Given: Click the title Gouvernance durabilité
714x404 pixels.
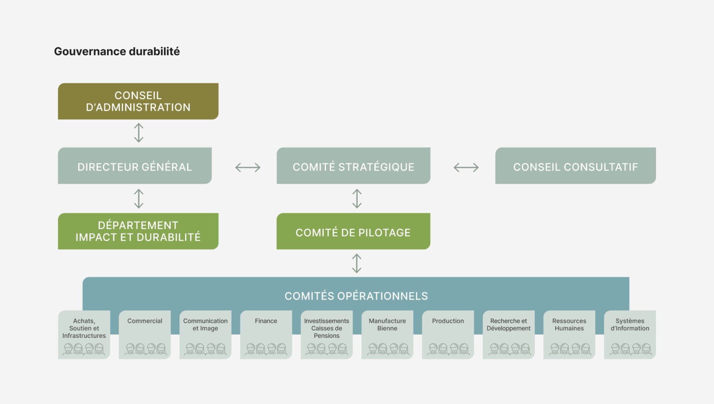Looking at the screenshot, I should coord(117,51).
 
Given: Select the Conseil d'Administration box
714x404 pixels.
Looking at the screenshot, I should coord(138,101).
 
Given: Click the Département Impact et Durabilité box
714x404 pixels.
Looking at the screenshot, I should coord(138,231).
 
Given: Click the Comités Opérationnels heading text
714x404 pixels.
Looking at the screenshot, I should coord(356,296).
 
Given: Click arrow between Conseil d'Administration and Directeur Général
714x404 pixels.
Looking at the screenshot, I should coord(138,133).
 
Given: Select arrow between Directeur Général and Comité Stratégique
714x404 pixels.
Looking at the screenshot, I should coord(248,167).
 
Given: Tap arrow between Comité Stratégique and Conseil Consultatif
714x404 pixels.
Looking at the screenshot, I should coord(466,167).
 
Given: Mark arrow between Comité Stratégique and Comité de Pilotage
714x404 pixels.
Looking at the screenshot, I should coord(357,198).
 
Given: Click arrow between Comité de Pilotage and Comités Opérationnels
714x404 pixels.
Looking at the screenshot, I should coord(357,263).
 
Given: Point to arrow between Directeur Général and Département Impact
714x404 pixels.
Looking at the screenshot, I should coord(138,198).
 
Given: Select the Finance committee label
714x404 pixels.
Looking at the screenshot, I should coord(266,321).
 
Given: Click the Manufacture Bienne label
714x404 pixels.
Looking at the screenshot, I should coord(387,324).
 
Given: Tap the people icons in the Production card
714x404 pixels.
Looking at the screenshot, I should coord(448,349).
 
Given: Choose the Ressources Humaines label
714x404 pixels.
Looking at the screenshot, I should coord(569,324).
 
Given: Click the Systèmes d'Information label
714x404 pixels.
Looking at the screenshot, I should coord(630,324).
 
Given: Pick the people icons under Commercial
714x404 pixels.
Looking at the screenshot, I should coord(145,349).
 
